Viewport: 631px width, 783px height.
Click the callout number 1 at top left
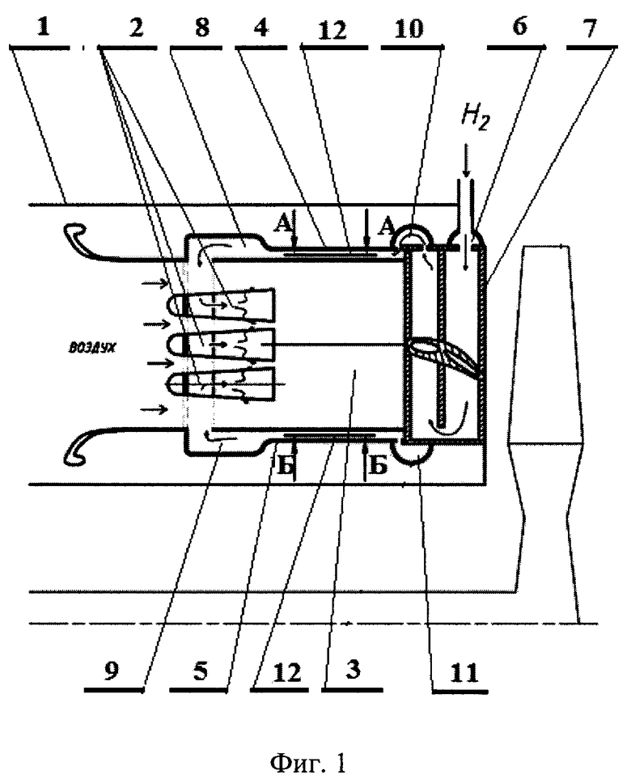point(44,27)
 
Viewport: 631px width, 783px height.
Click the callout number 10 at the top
point(409,29)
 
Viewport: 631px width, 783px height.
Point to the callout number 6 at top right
point(520,26)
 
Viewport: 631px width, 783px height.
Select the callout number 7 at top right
point(591,28)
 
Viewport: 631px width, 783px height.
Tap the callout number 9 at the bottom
point(112,671)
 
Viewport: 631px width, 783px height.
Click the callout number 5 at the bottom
point(201,671)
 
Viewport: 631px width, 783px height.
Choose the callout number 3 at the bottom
point(353,670)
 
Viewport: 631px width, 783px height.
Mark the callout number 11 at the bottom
point(464,673)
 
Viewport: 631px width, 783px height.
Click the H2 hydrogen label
point(474,118)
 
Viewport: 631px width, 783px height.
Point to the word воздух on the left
point(92,348)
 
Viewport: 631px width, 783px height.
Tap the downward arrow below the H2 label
point(466,161)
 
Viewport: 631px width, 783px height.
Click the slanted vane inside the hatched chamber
point(445,358)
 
